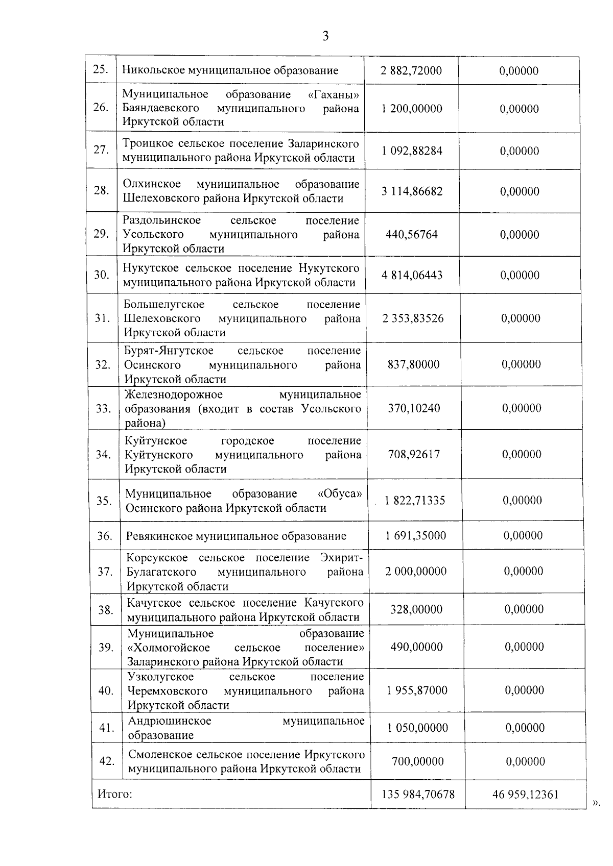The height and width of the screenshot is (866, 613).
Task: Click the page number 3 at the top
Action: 325,36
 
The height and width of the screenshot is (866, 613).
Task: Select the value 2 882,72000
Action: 411,71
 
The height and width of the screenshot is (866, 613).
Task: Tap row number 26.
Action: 101,108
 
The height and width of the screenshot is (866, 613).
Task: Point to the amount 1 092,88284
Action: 412,151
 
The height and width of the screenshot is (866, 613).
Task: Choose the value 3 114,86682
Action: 412,192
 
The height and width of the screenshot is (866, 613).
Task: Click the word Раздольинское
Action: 162,220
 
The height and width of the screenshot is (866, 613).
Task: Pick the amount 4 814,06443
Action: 412,276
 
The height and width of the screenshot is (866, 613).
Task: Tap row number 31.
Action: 103,318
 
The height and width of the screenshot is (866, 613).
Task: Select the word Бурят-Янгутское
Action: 169,351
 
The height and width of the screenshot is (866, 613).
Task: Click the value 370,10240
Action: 414,408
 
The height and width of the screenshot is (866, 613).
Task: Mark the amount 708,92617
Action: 414,455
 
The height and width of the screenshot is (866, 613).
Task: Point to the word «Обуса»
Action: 340,494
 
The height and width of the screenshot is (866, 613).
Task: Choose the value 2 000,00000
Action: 416,572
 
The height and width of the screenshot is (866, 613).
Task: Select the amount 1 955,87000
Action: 417,691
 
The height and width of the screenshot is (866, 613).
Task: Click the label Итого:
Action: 115,795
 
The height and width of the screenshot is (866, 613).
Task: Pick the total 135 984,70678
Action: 418,795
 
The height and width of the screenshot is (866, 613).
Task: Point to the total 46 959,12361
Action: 526,795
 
